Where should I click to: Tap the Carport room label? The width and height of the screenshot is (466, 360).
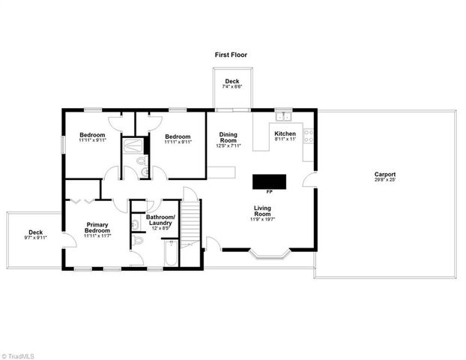(x=385, y=175)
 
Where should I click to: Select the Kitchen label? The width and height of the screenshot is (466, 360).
(x=285, y=133)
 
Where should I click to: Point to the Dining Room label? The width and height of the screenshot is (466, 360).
(x=228, y=137)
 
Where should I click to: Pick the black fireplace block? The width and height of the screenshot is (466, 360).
(x=269, y=181)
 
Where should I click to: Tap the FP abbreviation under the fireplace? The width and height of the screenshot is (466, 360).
(x=269, y=192)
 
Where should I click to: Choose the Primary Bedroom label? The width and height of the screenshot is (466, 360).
(x=97, y=227)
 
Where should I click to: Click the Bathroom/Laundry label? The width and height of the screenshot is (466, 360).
(x=160, y=220)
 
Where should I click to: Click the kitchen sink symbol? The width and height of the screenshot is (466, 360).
(x=283, y=116)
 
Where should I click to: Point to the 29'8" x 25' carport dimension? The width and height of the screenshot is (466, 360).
(x=385, y=181)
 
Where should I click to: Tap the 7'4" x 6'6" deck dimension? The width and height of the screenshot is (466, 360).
(x=232, y=88)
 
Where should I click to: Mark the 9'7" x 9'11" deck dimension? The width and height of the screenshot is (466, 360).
(x=35, y=238)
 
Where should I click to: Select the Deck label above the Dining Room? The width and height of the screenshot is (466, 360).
(x=232, y=82)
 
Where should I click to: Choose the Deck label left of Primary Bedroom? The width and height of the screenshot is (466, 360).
(x=35, y=232)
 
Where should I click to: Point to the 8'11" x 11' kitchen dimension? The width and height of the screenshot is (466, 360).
(x=285, y=139)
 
